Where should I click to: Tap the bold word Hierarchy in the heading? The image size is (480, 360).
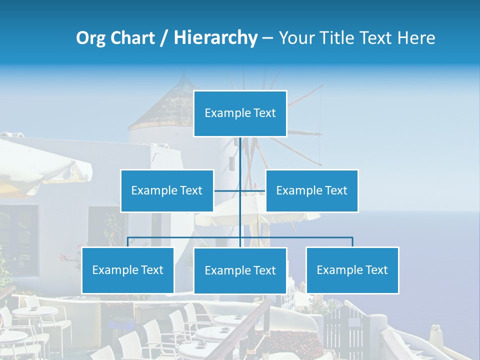(215, 37)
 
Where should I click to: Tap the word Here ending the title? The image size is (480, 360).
(416, 37)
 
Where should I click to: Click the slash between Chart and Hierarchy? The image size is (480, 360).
(164, 38)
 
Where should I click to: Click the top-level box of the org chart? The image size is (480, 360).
(240, 113)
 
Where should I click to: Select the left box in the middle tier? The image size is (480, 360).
(167, 190)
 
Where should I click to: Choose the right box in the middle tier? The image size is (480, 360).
(312, 190)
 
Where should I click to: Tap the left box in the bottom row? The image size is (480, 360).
(128, 270)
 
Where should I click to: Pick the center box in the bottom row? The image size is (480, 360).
(240, 270)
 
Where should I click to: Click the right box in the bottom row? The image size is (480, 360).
(352, 270)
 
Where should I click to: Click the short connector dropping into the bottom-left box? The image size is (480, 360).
(128, 242)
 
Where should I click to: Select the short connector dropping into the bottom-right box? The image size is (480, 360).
(352, 242)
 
